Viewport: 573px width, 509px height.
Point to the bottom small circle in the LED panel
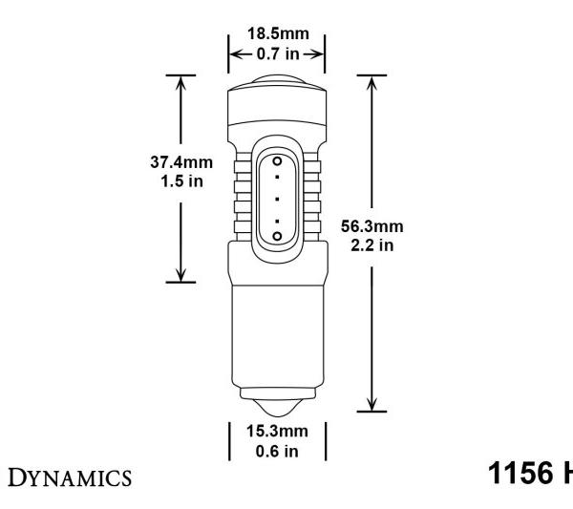(x=277, y=234)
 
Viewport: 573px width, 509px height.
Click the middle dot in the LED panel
(x=277, y=198)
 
